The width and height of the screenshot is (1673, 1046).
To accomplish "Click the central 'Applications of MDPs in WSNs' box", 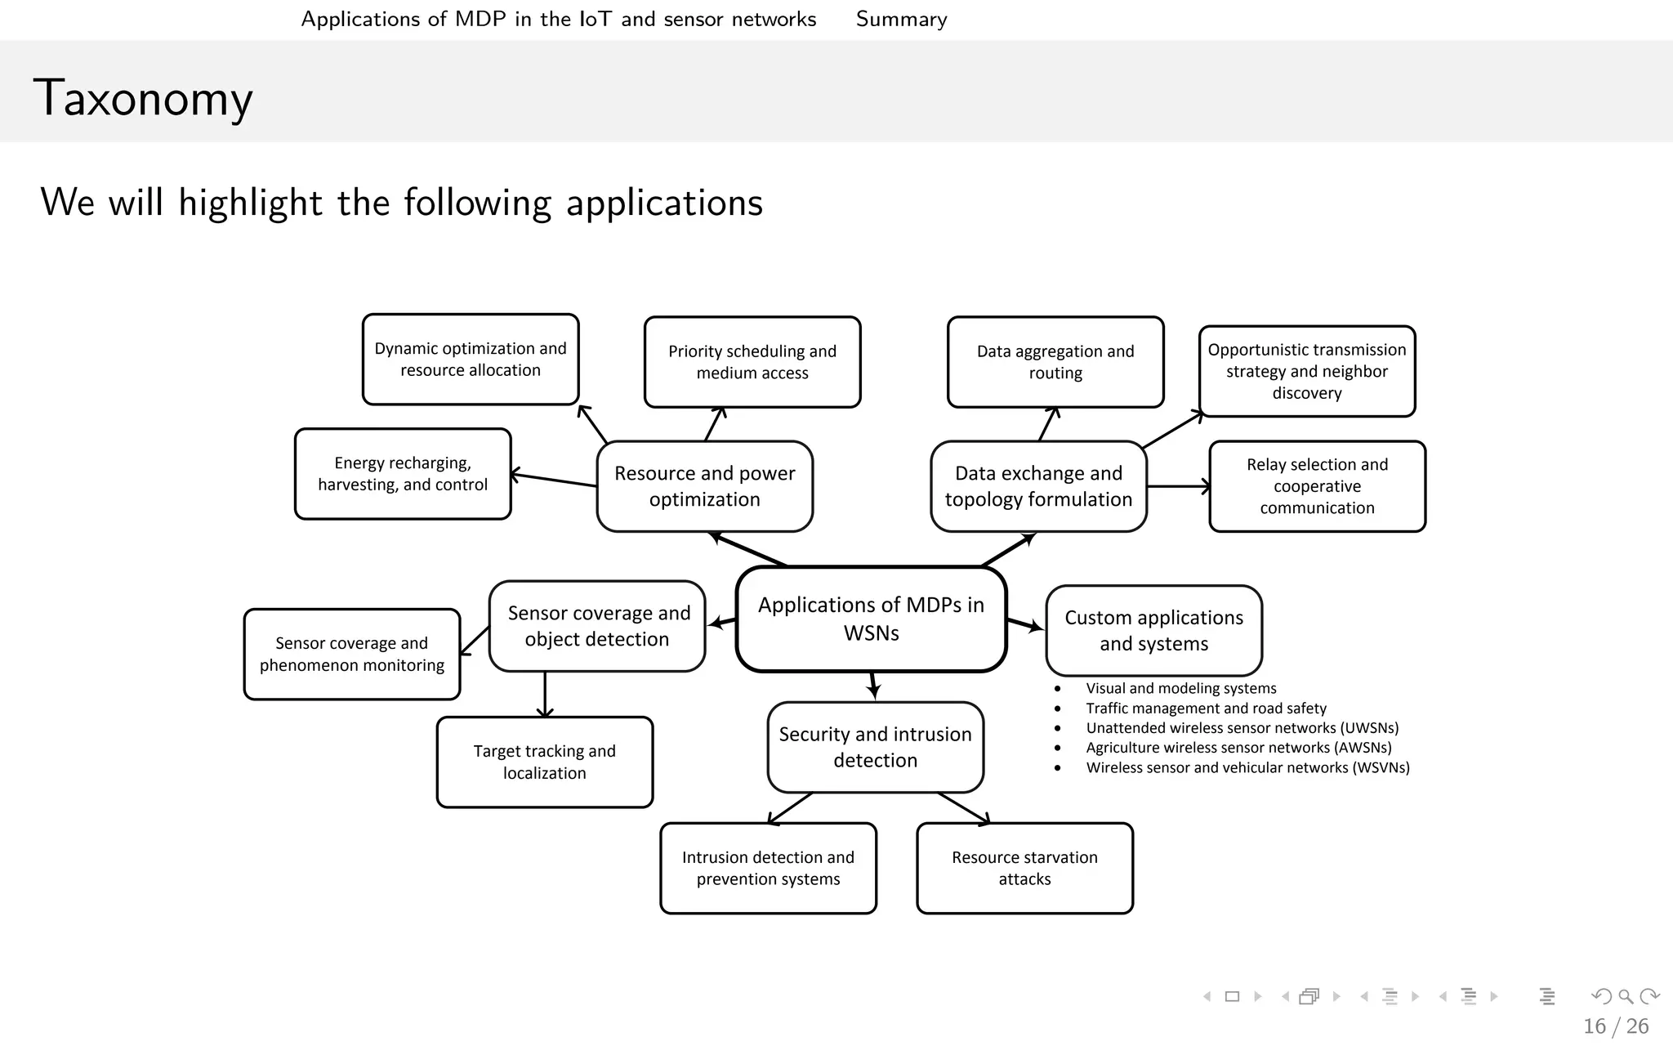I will point(871,619).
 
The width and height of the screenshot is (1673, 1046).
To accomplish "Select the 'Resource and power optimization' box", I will point(704,486).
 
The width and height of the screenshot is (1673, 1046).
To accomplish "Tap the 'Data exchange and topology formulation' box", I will point(1038,486).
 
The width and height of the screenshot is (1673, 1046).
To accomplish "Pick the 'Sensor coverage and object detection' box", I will point(597,626).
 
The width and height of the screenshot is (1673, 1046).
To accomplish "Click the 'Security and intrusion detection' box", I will point(875,747).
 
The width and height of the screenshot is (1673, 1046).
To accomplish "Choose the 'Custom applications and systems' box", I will point(1153,630).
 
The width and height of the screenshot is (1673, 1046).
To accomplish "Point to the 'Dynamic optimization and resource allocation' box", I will point(471,360).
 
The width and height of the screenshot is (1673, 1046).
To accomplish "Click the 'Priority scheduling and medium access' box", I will point(752,362).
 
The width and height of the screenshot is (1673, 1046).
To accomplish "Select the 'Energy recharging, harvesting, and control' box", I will point(403,474).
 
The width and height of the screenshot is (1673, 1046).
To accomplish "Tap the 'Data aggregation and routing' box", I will point(1055,362).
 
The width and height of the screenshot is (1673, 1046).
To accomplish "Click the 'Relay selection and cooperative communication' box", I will point(1317,486).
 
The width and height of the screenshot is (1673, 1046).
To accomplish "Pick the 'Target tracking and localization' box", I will point(545,762).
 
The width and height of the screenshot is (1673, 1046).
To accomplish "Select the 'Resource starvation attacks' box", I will point(1024,868).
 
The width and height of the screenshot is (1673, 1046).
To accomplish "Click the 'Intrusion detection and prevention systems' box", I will point(768,868).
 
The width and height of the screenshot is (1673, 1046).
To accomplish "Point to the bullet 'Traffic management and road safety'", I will point(1206,709).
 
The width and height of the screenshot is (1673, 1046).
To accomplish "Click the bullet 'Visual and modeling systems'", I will point(1180,688).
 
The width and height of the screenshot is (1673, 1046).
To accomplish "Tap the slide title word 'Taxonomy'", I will point(143,98).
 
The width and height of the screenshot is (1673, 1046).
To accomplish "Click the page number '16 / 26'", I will point(1615,1026).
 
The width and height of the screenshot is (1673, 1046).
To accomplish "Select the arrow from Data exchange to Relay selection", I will point(1178,487).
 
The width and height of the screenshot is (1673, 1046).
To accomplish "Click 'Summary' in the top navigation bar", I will point(901,19).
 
